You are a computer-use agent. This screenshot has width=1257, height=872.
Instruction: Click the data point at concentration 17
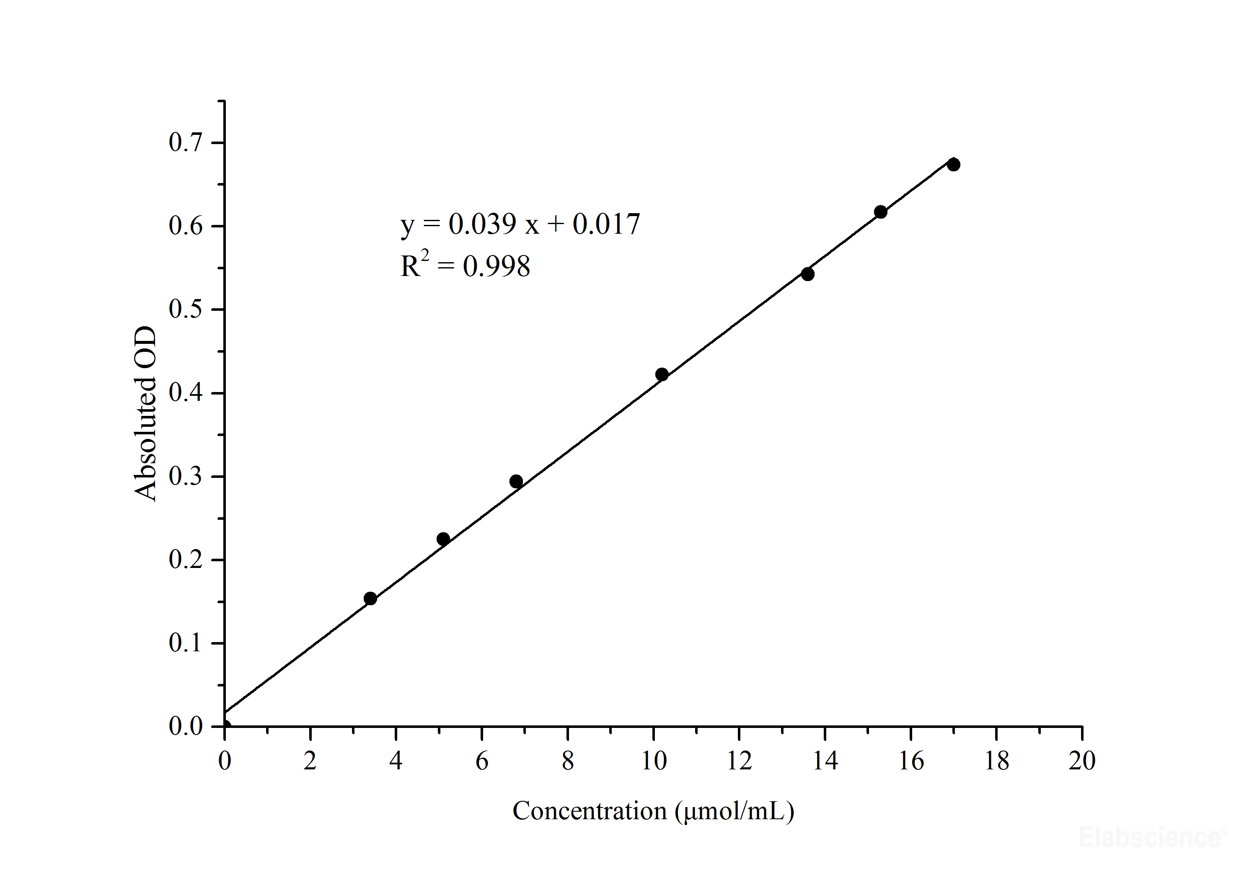point(953,165)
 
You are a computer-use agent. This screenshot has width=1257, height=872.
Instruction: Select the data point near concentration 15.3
point(880,212)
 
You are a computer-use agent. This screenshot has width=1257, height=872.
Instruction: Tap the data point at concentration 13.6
point(807,274)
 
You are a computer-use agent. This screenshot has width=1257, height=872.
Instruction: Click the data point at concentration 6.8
point(516,481)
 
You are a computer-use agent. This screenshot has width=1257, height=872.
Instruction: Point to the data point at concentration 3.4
point(370,598)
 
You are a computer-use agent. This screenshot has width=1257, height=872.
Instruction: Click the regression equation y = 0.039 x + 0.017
point(520,224)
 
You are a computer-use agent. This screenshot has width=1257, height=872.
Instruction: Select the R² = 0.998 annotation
point(465,266)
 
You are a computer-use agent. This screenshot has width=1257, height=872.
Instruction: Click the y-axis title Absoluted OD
point(145,414)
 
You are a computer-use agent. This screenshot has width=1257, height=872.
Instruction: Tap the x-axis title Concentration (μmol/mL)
point(653,811)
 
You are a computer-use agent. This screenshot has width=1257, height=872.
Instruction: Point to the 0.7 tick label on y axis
point(185,142)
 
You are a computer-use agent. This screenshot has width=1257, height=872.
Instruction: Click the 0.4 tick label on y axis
point(185,393)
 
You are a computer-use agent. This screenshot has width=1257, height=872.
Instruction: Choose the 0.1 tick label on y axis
point(185,643)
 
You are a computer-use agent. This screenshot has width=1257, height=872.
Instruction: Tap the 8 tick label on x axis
point(567,761)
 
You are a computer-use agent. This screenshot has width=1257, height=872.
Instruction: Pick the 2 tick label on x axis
point(310,761)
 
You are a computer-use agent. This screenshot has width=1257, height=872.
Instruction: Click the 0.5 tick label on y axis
point(185,309)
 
